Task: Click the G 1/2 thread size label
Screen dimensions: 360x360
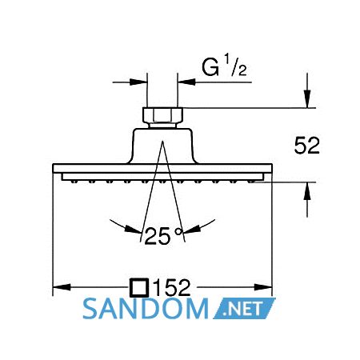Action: pos(224,66)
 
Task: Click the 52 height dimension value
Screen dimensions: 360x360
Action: pos(306,146)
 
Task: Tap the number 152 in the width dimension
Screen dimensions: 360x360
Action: pos(172,288)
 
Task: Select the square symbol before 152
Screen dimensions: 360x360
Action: pos(139,288)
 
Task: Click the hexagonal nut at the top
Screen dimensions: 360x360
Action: pos(162,115)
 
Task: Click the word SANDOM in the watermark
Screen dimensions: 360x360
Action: pos(146,309)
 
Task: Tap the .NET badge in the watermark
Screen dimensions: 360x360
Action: pos(244,309)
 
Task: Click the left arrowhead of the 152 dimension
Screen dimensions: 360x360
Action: pos(62,287)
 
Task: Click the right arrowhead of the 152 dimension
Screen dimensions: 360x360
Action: pos(263,287)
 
